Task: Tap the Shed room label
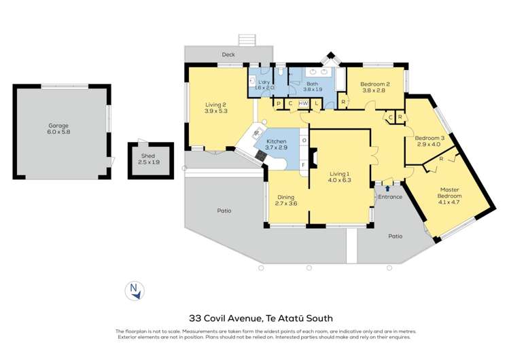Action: (147, 156)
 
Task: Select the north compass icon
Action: (135, 291)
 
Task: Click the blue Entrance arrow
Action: (387, 189)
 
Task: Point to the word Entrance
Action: (390, 197)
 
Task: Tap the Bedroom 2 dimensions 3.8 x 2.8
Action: (373, 90)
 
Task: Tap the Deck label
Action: (228, 55)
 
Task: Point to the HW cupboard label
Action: (303, 103)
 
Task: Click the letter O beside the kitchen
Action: (304, 141)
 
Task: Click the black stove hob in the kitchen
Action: (262, 155)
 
